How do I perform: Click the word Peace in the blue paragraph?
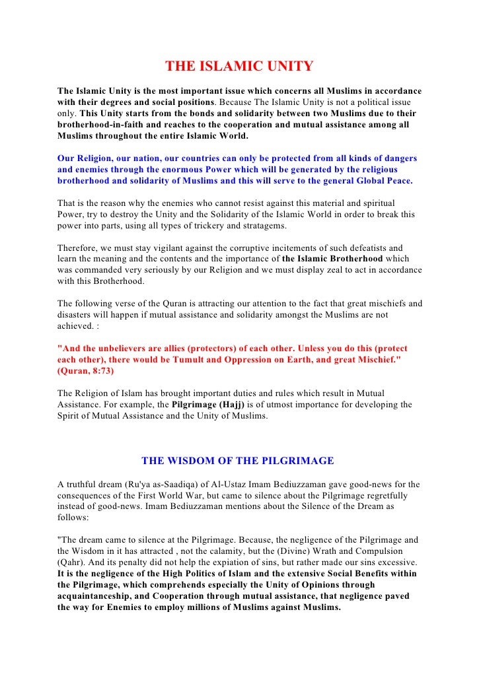click(396, 181)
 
